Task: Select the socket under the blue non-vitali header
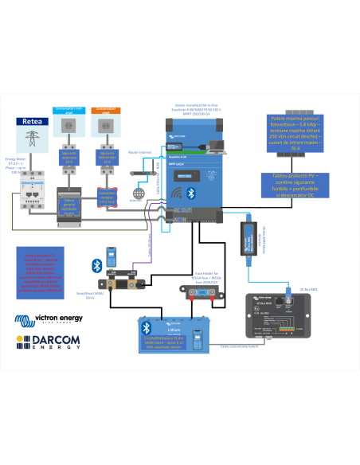tap(69, 126)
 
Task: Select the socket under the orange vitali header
tap(105, 126)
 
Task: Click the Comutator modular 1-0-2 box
tap(105, 195)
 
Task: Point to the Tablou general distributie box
tap(68, 205)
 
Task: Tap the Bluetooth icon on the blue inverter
tap(191, 193)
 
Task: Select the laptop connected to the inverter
tap(216, 147)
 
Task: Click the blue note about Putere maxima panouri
tap(295, 133)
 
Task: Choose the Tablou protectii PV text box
tap(295, 186)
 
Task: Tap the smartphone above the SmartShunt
tap(113, 259)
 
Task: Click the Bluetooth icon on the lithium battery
tap(146, 327)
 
